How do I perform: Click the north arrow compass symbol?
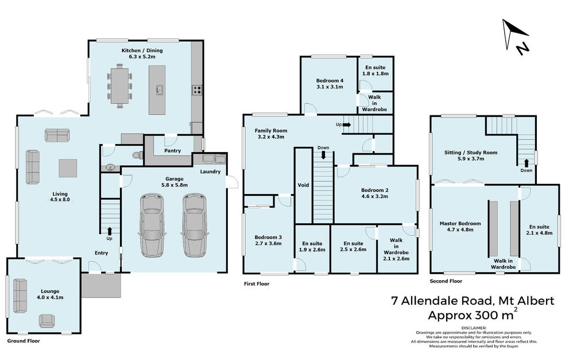[x=515, y=36]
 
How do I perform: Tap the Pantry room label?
[x=172, y=150]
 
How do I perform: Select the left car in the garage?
[x=152, y=226]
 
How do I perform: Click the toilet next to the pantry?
[x=138, y=156]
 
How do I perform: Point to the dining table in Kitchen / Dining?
[x=120, y=86]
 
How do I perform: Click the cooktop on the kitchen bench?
[x=197, y=90]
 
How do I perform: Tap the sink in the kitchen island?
[x=159, y=89]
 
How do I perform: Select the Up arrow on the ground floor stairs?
[x=109, y=231]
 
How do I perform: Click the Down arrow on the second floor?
[x=526, y=162]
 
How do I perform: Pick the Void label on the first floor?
[x=303, y=185]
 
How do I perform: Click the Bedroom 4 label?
[x=330, y=80]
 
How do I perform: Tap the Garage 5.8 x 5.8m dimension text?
[x=174, y=185]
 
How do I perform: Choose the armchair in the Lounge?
[x=47, y=320]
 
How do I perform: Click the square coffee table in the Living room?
[x=68, y=168]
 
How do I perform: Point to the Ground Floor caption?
[x=24, y=341]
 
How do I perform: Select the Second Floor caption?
[x=446, y=281]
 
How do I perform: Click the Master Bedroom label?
[x=460, y=223]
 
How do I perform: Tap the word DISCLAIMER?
[x=474, y=328]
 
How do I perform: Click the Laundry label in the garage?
[x=211, y=172]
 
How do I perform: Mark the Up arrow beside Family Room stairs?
[x=347, y=125]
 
